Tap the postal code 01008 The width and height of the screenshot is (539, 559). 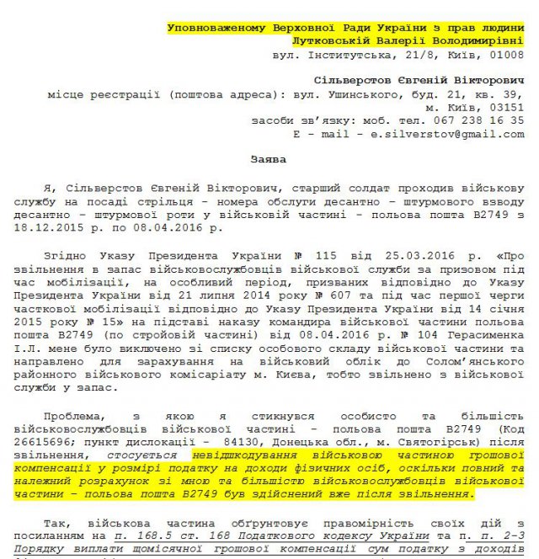pos(503,54)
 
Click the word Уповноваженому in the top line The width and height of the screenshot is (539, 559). pos(216,28)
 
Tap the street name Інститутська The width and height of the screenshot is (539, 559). pos(350,54)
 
